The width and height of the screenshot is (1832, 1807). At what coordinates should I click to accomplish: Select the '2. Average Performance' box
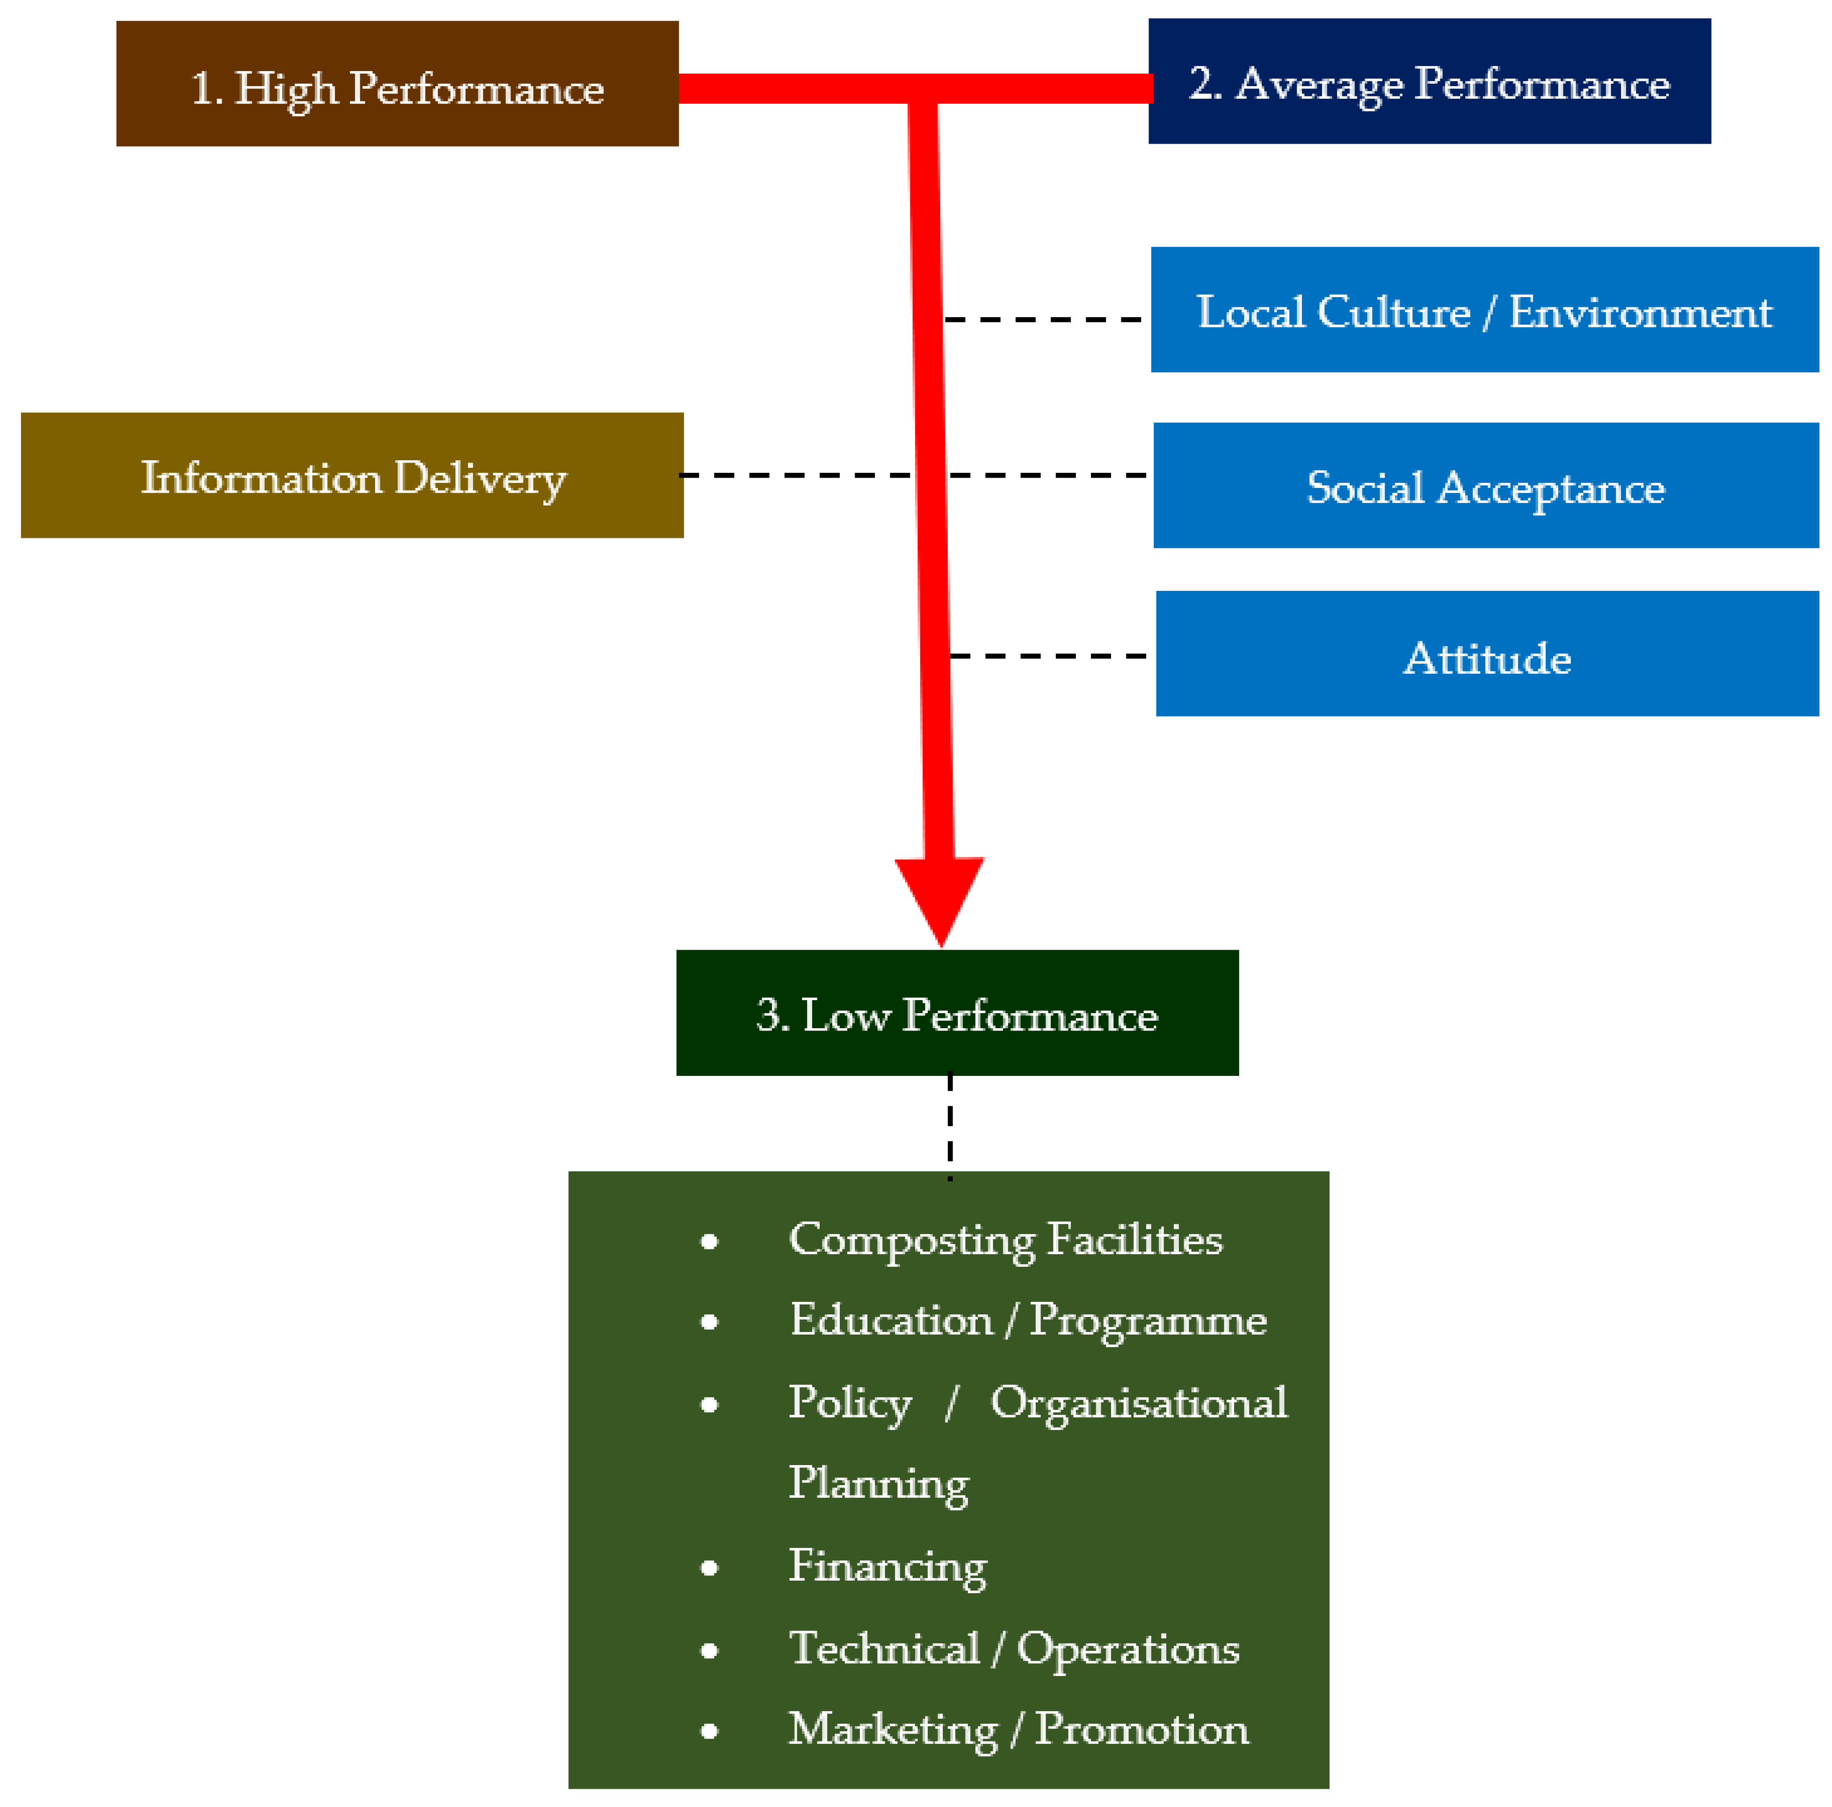[x=1429, y=81]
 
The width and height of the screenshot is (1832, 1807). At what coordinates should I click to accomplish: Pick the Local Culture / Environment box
[x=1484, y=310]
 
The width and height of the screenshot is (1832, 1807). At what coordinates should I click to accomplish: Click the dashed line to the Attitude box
[x=1048, y=655]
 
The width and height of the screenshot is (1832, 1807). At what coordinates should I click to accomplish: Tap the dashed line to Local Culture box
[x=1043, y=319]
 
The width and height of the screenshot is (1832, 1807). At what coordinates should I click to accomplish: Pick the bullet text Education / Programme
[x=1028, y=1320]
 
